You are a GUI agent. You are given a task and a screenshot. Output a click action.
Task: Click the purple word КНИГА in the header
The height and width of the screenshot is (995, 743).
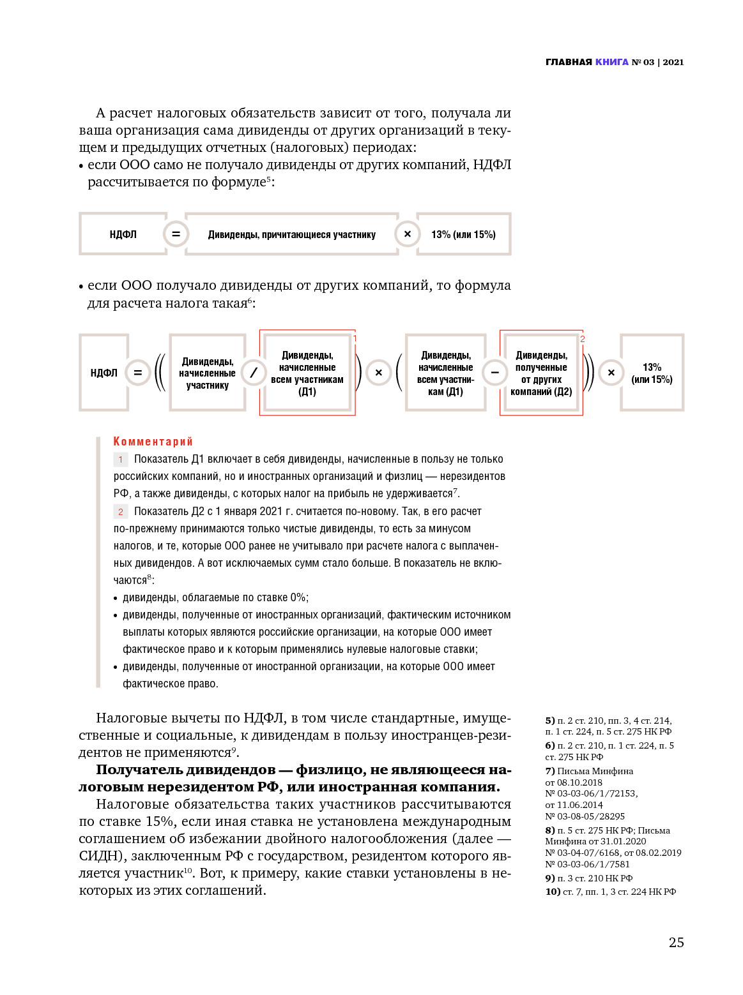coord(611,62)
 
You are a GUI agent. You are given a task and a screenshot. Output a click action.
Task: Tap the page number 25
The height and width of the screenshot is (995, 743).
coord(676,942)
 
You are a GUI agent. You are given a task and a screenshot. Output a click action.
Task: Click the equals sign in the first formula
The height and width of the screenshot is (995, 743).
coord(176,234)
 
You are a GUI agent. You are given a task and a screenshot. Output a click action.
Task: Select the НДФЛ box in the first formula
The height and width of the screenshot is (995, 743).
coord(123,234)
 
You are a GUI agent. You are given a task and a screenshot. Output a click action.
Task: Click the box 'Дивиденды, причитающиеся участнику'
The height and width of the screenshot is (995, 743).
coord(291,234)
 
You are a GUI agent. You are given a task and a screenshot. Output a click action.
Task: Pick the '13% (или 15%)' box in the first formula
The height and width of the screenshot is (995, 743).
coord(463,234)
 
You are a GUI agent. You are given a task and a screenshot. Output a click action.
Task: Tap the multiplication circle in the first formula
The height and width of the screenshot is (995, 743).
coord(407,234)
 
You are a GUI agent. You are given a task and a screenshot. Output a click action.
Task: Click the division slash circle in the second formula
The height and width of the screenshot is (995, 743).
coord(254,373)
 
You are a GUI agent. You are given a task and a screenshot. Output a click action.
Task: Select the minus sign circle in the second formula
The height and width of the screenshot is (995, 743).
coord(494,373)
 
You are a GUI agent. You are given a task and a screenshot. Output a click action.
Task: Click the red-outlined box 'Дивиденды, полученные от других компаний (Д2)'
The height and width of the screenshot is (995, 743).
coord(540,373)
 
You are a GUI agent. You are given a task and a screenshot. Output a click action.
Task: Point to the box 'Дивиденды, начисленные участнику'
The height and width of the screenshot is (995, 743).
coord(207,373)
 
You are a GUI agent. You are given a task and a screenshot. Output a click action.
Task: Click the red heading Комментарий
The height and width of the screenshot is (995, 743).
coord(153,442)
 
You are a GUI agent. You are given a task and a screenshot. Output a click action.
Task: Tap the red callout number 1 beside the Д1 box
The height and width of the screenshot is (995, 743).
coord(355,338)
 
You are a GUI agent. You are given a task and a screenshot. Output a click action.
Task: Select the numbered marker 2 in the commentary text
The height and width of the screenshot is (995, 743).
coord(120,512)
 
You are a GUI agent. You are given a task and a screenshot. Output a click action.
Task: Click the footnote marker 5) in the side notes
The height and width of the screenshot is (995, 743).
coord(549,721)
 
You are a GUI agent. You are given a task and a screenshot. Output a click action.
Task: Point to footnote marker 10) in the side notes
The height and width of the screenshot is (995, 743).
coord(553,892)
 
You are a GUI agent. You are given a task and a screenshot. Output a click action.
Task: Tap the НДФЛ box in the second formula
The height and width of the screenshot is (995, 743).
coord(103,373)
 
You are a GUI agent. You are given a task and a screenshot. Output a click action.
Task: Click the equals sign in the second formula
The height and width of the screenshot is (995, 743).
coord(137,373)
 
